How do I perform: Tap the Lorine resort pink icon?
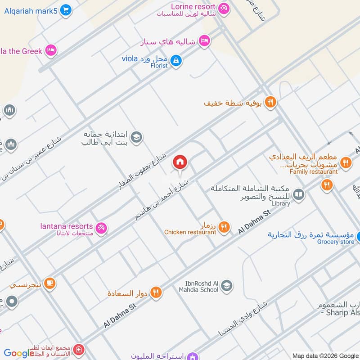[x=223, y=8]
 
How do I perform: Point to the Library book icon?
[x=298, y=194]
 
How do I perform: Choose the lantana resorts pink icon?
[x=102, y=228]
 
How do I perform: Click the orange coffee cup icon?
[x=50, y=283]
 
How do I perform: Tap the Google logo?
[x=19, y=353]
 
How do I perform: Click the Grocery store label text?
[x=336, y=242]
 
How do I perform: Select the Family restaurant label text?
[x=314, y=171]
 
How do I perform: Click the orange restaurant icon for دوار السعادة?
[x=156, y=292]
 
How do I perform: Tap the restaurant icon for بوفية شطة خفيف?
[x=270, y=102]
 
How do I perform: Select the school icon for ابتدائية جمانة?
[x=137, y=136]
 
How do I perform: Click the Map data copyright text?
[x=325, y=355]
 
